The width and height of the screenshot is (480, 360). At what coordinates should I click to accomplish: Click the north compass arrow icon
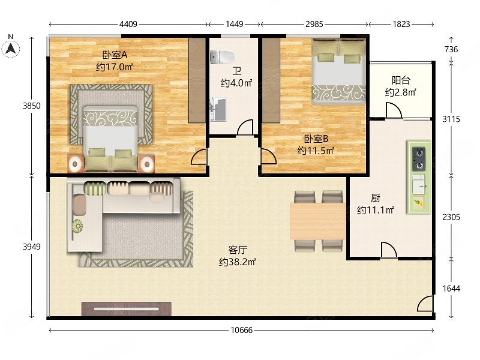[x=11, y=49]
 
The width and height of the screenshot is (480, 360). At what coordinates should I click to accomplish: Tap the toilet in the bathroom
[x=223, y=57]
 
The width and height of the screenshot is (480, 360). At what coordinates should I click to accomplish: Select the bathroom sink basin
[x=218, y=109]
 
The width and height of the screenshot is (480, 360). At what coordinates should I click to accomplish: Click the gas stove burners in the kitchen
[x=418, y=159]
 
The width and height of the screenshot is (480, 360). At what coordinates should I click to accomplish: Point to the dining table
[x=318, y=221]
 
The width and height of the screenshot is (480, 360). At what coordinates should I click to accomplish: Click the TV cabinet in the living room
[x=127, y=308]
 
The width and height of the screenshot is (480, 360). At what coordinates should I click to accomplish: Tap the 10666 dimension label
[x=242, y=330]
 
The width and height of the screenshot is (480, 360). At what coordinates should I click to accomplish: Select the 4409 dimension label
[x=128, y=24]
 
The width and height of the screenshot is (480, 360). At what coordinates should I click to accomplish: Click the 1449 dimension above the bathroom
[x=234, y=24]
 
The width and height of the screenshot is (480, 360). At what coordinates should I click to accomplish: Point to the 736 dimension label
[x=451, y=49]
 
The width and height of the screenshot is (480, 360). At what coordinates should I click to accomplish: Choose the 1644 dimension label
[x=451, y=289]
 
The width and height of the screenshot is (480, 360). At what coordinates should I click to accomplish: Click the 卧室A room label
[x=115, y=55]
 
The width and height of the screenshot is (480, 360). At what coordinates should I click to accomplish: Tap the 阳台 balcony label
[x=401, y=80]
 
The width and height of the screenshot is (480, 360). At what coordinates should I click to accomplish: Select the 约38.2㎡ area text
[x=237, y=262]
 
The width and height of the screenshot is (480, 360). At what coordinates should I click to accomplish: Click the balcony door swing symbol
[x=394, y=110]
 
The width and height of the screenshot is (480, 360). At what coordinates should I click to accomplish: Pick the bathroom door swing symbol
[x=245, y=127]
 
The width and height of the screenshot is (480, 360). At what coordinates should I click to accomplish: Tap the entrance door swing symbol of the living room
[x=425, y=304]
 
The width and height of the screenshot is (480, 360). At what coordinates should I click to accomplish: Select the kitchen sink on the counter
[x=418, y=184]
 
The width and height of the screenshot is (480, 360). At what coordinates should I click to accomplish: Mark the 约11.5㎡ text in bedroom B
[x=316, y=151]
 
